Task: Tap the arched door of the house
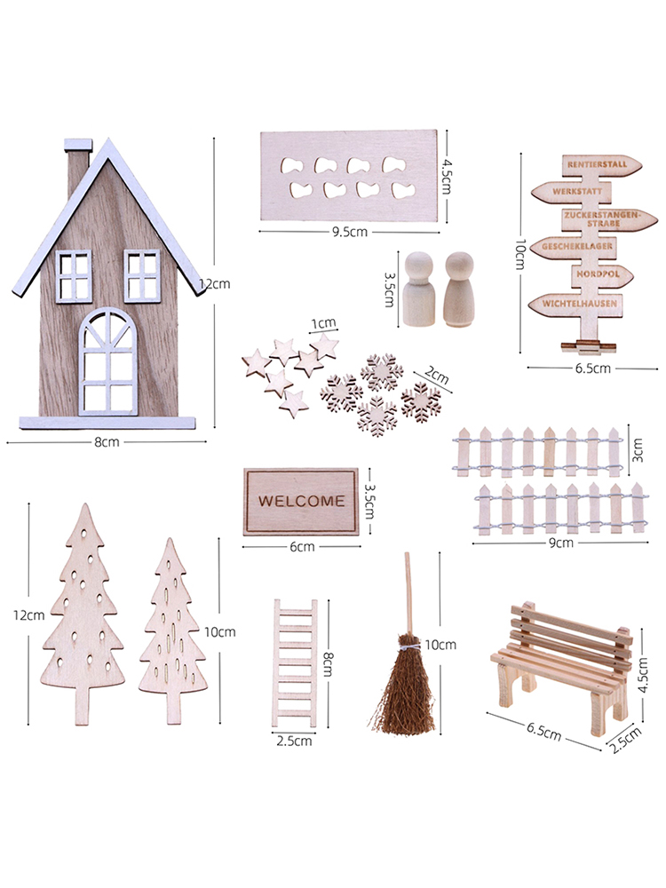tap(107, 362)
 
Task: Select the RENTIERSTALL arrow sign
tap(602, 165)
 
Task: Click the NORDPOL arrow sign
tap(601, 275)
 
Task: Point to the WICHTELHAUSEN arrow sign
tap(575, 304)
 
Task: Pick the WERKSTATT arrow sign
tap(571, 192)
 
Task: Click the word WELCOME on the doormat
tap(301, 501)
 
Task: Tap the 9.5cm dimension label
tap(349, 232)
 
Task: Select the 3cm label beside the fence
tap(638, 449)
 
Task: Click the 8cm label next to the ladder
tap(328, 663)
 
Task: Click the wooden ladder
tap(295, 662)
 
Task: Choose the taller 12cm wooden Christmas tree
tap(83, 614)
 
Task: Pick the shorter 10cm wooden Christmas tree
tap(172, 630)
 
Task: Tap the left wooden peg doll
tap(419, 289)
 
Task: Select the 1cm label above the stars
tap(323, 323)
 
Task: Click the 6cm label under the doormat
tap(302, 547)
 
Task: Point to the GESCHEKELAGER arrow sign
tap(574, 247)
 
